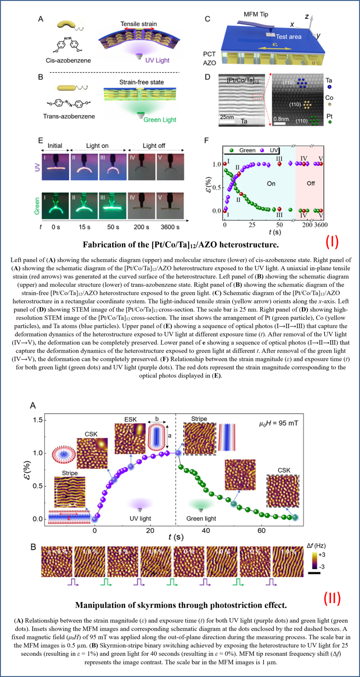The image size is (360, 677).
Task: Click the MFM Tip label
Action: click(256, 14)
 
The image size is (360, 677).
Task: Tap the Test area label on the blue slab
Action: click(289, 37)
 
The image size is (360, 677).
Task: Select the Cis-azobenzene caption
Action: click(68, 60)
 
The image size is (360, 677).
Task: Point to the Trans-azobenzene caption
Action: click(69, 116)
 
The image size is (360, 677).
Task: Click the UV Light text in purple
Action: click(157, 60)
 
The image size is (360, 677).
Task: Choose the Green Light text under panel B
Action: click(160, 120)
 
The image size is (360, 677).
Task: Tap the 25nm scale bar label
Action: click(227, 117)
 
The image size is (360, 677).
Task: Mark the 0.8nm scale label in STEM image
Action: click(281, 119)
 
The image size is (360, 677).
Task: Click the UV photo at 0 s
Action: click(55, 167)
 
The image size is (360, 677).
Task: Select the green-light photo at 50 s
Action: click(113, 206)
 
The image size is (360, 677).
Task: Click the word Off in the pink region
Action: click(311, 183)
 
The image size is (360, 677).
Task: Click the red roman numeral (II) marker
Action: click(332, 599)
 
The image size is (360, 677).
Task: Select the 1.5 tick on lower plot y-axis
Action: click(38, 420)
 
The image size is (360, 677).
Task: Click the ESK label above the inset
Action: click(130, 419)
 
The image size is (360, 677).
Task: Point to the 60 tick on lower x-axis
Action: click(261, 530)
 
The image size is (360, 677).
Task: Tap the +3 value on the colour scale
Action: click(322, 555)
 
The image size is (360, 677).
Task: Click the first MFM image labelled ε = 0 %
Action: click(57, 562)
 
